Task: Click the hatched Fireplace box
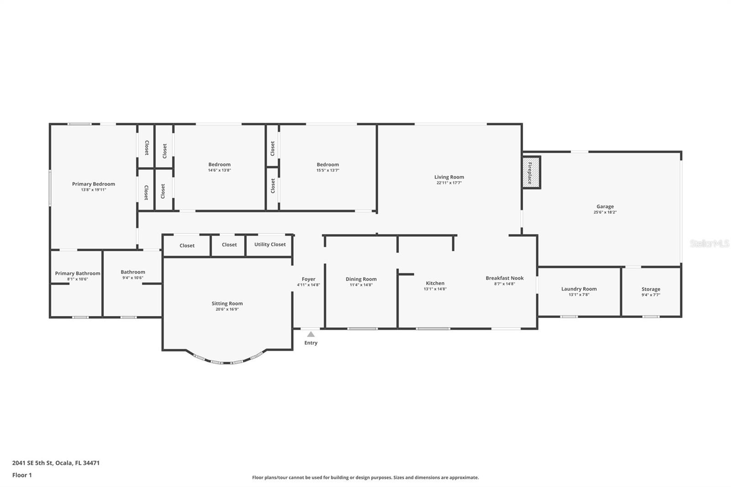click(x=531, y=172)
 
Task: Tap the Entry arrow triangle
click(x=311, y=334)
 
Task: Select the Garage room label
click(x=605, y=206)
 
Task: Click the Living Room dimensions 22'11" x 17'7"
click(x=449, y=183)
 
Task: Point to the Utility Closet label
click(x=270, y=244)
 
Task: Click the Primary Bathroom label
click(x=78, y=273)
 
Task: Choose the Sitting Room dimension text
click(x=227, y=309)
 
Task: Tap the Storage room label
click(x=651, y=289)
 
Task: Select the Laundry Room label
click(x=579, y=289)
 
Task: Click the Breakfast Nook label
click(x=504, y=278)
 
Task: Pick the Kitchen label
click(x=435, y=283)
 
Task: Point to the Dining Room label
click(x=361, y=279)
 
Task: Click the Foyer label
click(x=308, y=279)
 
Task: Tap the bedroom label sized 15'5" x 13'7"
click(x=328, y=164)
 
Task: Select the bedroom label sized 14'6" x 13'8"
click(x=219, y=164)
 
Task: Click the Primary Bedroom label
click(x=94, y=184)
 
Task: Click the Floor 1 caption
click(x=22, y=475)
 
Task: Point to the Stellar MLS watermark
click(x=709, y=243)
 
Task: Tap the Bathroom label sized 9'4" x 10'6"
click(x=133, y=272)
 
